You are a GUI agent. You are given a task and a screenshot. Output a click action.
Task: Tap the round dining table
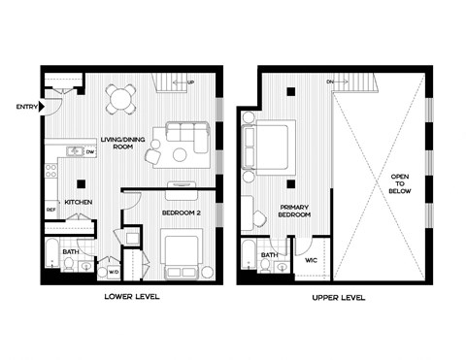point(120,96)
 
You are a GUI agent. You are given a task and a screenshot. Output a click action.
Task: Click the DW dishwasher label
point(89,152)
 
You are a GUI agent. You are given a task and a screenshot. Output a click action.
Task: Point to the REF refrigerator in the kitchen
point(50,210)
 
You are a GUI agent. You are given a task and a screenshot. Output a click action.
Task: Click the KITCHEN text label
point(79,202)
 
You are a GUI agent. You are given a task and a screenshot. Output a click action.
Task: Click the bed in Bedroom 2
point(181,249)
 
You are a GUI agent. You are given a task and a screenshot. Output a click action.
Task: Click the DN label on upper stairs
point(330,82)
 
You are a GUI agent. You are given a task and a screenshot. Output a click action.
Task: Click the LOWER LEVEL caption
point(131,298)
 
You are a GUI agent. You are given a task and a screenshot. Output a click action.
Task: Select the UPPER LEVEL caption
point(333,298)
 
